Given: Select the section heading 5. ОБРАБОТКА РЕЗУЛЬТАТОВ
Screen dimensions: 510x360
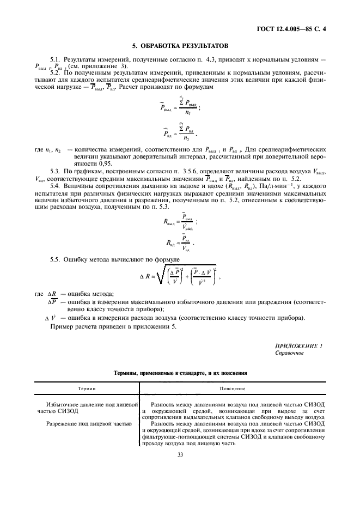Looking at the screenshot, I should (180, 46).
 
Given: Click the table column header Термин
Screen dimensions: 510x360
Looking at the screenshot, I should (86, 389).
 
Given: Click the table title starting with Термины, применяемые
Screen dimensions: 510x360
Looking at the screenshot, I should (180, 374).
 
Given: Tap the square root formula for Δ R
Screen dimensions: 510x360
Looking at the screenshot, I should (180, 277).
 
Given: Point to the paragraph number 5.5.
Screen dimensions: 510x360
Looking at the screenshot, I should (55, 259).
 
